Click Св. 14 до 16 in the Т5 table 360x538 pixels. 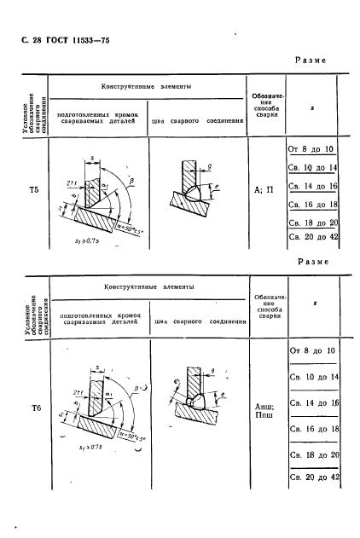pyautogui.click(x=312, y=186)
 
